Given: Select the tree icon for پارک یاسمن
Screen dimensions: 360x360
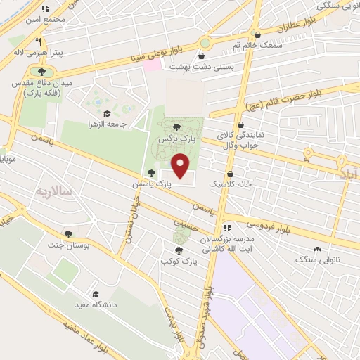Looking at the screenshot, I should pos(151,173).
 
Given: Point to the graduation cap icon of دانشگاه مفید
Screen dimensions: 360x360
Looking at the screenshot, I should pos(95,295).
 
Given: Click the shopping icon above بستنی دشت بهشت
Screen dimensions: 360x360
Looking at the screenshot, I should pos(202,56).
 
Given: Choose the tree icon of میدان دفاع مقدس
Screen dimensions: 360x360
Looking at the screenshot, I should pos(41,71).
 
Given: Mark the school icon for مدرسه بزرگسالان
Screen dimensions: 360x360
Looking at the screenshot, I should pos(227,228).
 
